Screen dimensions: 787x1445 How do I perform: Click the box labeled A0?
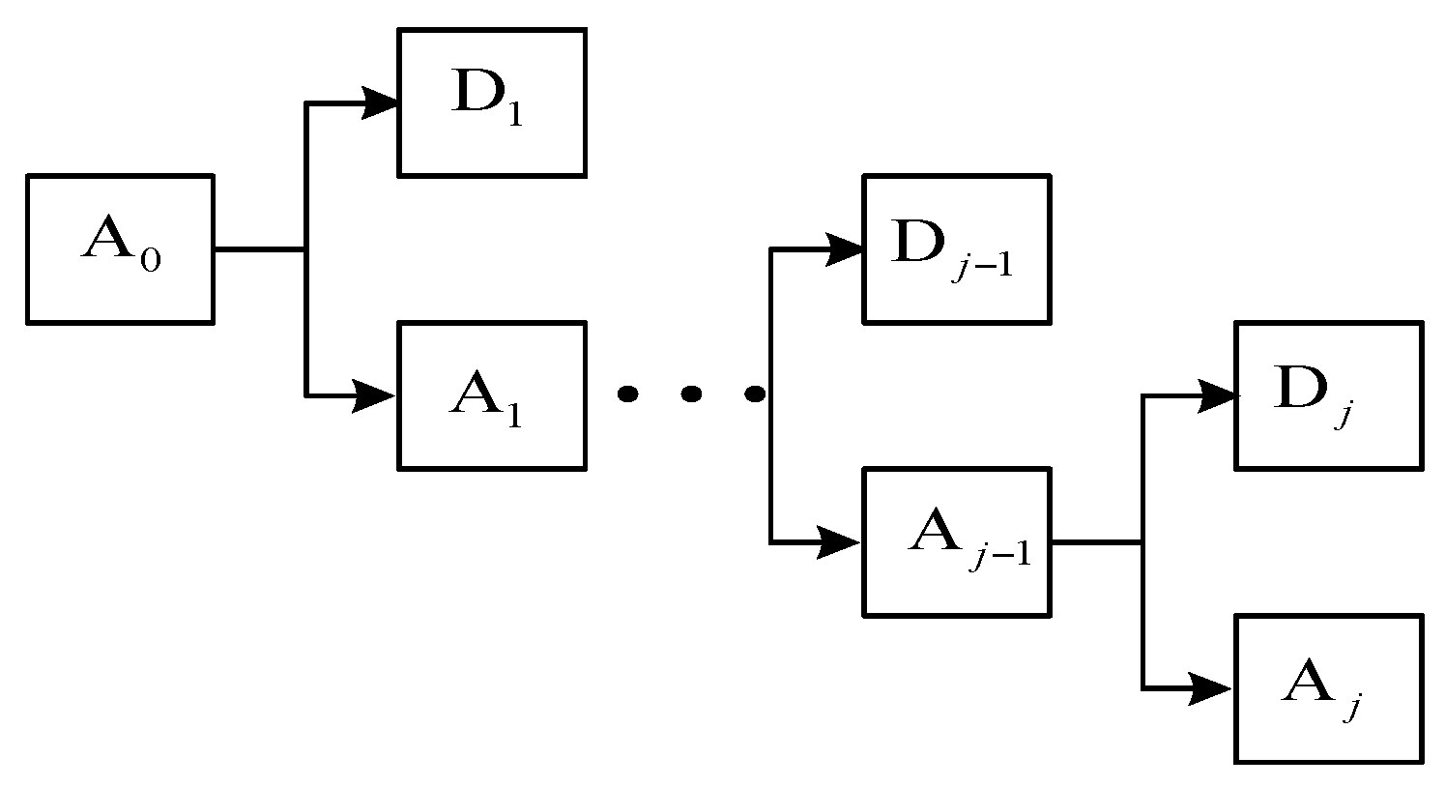click(119, 248)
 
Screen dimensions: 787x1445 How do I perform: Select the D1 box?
click(492, 102)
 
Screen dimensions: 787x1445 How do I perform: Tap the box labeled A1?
click(492, 395)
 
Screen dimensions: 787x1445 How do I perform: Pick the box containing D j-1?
click(956, 248)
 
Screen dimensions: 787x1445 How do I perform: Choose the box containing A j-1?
click(956, 541)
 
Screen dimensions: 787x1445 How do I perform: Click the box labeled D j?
click(1328, 395)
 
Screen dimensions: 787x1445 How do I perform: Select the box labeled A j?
click(1328, 688)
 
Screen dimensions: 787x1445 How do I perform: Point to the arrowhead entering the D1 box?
click(379, 102)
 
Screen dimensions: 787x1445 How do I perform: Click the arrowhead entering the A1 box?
click(376, 395)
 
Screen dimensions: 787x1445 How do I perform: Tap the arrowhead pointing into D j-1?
click(843, 249)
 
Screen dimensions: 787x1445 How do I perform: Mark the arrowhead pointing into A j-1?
click(840, 542)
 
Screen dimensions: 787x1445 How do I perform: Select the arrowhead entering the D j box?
click(1216, 395)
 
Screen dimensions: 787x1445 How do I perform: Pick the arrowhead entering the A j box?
click(1213, 689)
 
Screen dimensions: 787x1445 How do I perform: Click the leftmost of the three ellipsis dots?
click(627, 393)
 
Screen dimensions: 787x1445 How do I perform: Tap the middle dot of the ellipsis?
click(690, 393)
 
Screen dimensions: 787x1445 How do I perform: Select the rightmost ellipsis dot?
click(754, 393)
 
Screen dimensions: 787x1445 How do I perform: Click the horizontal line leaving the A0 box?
click(259, 249)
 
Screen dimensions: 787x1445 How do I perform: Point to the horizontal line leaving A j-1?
click(1096, 542)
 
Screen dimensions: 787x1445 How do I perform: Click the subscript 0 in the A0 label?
click(150, 262)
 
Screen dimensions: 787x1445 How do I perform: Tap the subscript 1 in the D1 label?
click(514, 117)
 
